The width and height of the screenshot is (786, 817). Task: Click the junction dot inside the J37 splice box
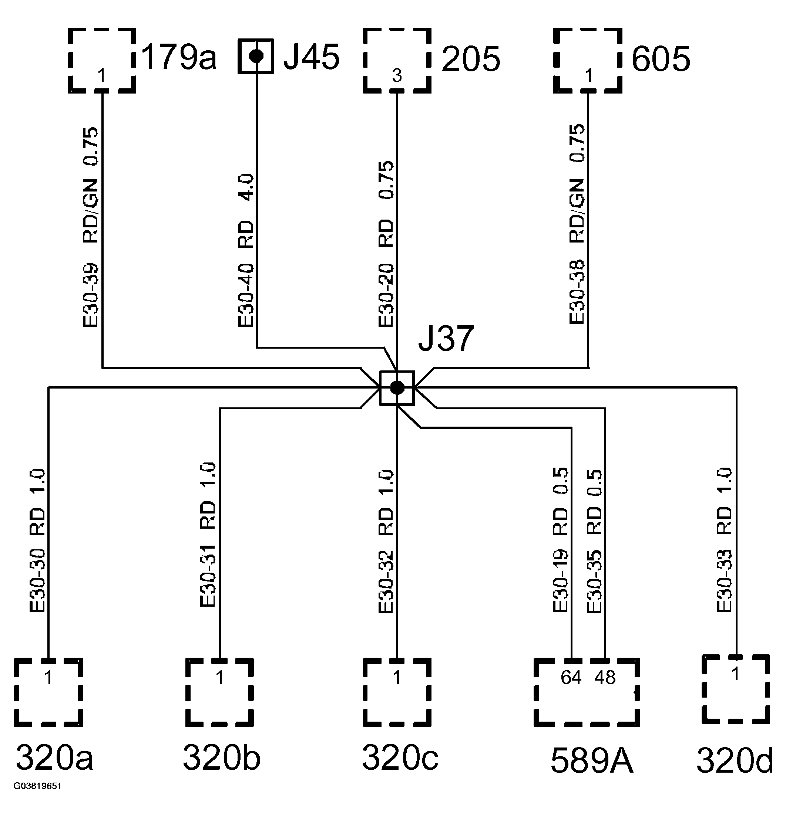[x=397, y=388]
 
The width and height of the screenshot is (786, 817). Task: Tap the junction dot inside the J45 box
[x=256, y=56]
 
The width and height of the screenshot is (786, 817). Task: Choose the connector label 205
[x=471, y=59]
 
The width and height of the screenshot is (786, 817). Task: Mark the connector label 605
[x=661, y=59]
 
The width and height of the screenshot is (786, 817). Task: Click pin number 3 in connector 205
[x=397, y=76]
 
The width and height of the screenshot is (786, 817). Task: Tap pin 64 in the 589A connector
[x=571, y=678]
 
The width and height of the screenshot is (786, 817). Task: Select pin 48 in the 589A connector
[x=605, y=678]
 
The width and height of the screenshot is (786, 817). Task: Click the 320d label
[x=734, y=761]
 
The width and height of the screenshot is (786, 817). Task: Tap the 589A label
[x=592, y=761]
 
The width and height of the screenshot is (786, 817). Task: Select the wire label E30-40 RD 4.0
[x=246, y=250]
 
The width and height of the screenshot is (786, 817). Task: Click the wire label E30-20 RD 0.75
[x=386, y=244]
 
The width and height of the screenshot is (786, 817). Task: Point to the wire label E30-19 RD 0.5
[x=561, y=540]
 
